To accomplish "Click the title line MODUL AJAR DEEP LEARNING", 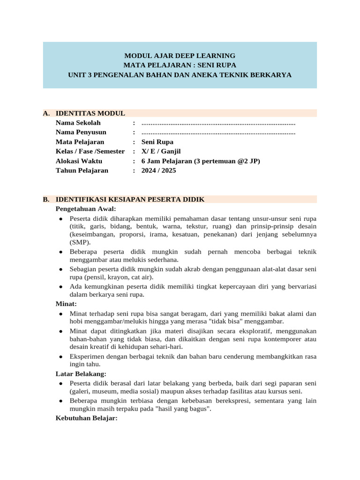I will (180, 55).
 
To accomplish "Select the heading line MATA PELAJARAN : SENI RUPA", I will (180, 65).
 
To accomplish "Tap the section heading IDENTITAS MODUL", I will (90, 113).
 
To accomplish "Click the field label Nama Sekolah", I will (78, 123).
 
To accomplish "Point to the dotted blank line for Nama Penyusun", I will (218, 133).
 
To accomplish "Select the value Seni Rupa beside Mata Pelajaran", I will (157, 142).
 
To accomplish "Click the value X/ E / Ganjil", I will (161, 151).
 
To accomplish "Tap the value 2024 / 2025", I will (159, 171).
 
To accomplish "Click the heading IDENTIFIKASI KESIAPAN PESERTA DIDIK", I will (130, 199).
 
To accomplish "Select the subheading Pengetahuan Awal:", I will (86, 209).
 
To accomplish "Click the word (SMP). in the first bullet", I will (81, 242).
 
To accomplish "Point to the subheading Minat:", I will (67, 304).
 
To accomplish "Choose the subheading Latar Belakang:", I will (81, 374).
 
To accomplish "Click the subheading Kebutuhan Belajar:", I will (86, 418).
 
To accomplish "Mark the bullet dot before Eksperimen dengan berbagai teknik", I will (61, 356).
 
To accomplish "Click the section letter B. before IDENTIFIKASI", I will (46, 199).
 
